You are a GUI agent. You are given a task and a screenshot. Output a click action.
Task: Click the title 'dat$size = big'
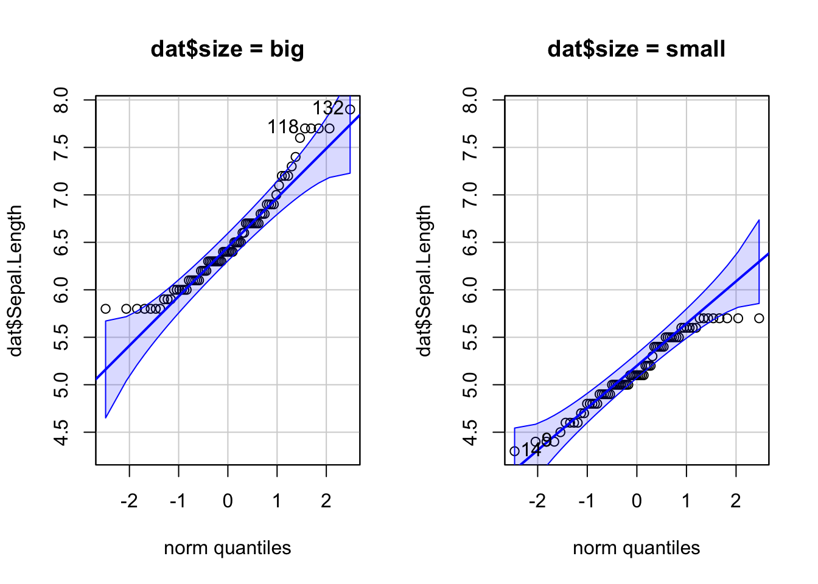point(227,49)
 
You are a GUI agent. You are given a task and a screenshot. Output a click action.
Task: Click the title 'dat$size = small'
point(636,49)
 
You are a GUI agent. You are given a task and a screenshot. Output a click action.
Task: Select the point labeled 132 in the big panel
point(350,109)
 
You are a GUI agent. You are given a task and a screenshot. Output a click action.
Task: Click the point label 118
point(282,127)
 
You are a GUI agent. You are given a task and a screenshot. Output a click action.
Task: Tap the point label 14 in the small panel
point(531,451)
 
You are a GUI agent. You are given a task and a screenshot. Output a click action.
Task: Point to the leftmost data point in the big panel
point(105,309)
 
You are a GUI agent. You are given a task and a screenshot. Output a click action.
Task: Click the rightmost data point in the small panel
point(759,318)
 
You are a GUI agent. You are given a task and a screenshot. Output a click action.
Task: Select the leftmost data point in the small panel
point(514,451)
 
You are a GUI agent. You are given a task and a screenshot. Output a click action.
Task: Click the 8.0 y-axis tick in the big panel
point(60,99)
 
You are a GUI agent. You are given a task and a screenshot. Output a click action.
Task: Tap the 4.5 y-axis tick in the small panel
point(469,432)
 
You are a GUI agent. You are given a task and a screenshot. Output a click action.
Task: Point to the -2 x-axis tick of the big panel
point(128,501)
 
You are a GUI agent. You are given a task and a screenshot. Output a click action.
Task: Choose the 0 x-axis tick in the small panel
point(637,501)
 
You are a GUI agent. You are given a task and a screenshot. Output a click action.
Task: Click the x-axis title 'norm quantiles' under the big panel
point(227,548)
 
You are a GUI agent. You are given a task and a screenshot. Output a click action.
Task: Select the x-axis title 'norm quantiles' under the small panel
point(636,548)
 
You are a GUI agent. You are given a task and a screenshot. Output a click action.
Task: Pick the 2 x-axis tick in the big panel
point(326,501)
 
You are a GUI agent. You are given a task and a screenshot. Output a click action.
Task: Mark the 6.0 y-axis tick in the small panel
point(469,290)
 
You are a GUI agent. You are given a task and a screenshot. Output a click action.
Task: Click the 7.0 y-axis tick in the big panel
point(60,195)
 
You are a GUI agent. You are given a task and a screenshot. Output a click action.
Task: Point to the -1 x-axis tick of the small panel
point(586,501)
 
